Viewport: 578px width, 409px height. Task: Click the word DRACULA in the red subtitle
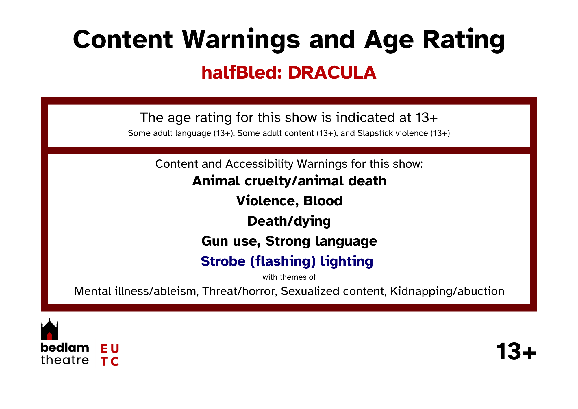332,72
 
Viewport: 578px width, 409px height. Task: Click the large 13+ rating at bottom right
516,351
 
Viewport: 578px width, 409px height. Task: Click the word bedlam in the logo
65,348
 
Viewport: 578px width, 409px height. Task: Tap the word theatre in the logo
65,360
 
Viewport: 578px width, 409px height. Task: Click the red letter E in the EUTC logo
104,349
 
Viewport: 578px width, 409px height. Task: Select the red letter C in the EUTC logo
115,361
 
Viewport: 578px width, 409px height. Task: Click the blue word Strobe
223,261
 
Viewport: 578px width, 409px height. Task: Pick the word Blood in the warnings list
323,201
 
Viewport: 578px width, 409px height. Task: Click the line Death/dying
289,221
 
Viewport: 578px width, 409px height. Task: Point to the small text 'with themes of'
289,277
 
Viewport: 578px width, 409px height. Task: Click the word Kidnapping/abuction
447,291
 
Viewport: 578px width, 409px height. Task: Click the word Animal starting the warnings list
216,181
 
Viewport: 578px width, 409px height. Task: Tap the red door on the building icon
49,336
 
